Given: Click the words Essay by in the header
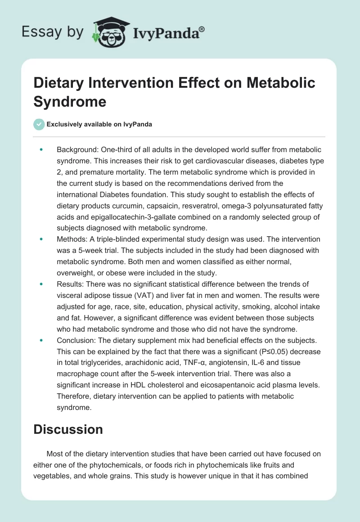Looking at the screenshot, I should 53,32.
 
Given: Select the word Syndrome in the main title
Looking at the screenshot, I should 70,101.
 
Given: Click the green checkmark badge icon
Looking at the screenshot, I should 39,124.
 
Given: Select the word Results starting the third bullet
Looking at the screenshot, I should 69,284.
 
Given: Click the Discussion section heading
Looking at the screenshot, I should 68,429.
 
